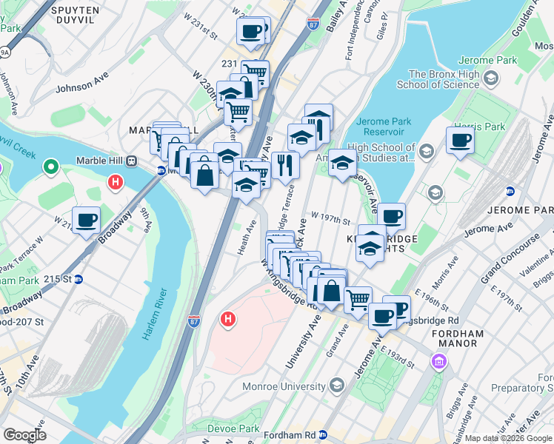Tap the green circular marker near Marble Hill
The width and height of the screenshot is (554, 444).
(x=50, y=166)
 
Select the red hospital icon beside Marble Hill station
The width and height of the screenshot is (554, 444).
(x=115, y=181)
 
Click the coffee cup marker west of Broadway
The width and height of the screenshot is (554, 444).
(x=87, y=220)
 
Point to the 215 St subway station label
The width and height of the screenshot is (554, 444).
(x=62, y=279)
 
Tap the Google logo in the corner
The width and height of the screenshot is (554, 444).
(x=25, y=434)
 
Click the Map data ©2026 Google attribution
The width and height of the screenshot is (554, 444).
(x=508, y=438)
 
